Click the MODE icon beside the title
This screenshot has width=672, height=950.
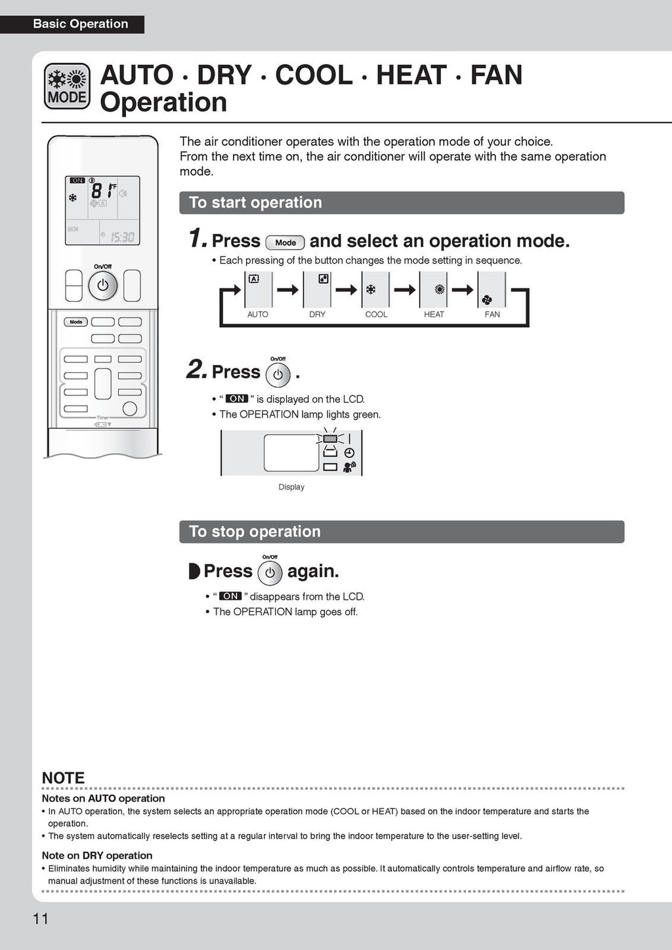(67, 86)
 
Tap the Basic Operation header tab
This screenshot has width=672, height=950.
(80, 24)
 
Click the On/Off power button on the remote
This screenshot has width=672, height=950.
(102, 286)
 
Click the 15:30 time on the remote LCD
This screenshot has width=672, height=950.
(122, 237)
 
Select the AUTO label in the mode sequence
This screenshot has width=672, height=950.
(257, 315)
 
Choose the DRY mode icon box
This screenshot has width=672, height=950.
(317, 289)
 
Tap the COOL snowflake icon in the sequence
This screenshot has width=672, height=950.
(371, 289)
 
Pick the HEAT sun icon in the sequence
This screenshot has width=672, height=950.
(440, 289)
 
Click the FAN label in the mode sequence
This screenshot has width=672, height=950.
(492, 315)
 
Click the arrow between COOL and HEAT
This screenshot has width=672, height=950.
(405, 289)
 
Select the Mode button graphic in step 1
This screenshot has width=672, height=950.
(285, 243)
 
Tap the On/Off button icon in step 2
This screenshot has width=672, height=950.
(278, 374)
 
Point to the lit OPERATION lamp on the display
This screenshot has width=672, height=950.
(330, 438)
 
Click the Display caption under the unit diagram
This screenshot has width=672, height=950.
(291, 487)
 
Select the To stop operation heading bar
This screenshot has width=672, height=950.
(402, 532)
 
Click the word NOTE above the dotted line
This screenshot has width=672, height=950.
(63, 778)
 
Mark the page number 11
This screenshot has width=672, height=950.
(41, 919)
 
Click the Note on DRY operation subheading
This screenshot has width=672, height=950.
(97, 856)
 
